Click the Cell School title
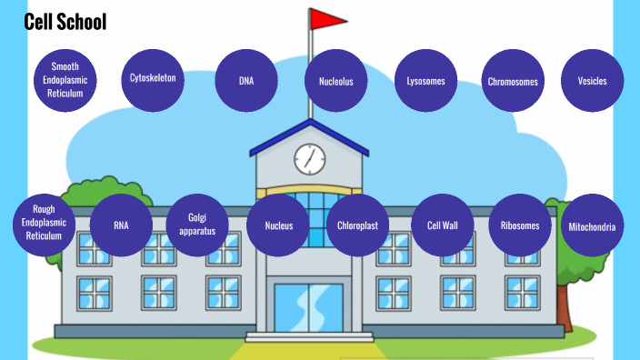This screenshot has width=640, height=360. click(x=65, y=22)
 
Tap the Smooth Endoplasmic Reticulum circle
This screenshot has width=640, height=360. click(x=65, y=80)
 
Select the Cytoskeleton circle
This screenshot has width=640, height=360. click(x=153, y=78)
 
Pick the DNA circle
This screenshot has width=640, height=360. click(x=245, y=81)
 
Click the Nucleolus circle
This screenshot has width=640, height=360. click(x=335, y=81)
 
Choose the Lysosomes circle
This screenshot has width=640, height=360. click(x=425, y=81)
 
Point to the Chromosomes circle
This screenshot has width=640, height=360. click(x=512, y=82)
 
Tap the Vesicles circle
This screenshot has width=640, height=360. click(x=592, y=81)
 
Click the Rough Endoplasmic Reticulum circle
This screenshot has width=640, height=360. click(x=43, y=223)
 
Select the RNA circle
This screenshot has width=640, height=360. click(x=121, y=225)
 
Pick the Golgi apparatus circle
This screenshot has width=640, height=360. click(x=197, y=225)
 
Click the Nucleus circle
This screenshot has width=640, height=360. click(x=278, y=225)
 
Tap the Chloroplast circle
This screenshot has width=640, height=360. click(x=357, y=225)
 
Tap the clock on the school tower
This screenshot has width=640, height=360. click(x=309, y=159)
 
